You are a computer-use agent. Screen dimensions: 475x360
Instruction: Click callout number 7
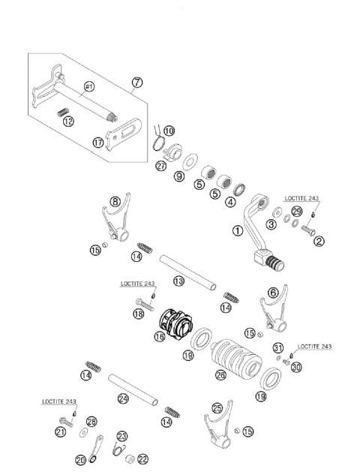click(136, 82)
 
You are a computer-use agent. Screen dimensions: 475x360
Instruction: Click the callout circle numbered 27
click(161, 166)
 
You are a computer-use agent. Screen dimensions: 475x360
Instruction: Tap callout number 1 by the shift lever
click(238, 232)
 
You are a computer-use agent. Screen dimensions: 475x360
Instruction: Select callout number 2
click(319, 241)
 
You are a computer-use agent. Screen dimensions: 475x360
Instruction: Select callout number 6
click(274, 292)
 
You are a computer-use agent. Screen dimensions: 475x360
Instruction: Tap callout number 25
click(217, 408)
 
